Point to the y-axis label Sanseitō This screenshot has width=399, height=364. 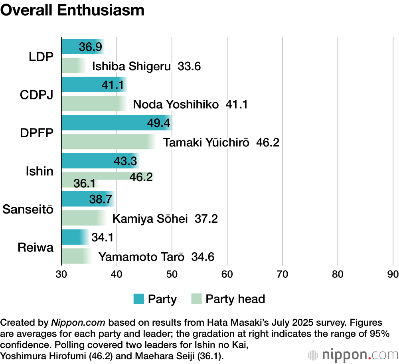pyautogui.click(x=28, y=209)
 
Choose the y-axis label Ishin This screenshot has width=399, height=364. pyautogui.click(x=40, y=171)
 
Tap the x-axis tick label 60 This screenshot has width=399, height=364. pyautogui.click(x=227, y=274)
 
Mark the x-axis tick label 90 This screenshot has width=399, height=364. pyautogui.click(x=393, y=274)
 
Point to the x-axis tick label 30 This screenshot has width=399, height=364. pyautogui.click(x=61, y=274)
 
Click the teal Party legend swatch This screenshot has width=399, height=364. pyautogui.click(x=139, y=299)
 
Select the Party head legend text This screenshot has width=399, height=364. pyautogui.click(x=235, y=299)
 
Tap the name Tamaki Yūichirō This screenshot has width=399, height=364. pyautogui.click(x=206, y=142)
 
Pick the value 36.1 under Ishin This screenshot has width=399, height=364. pyautogui.click(x=84, y=183)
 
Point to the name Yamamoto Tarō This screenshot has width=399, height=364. pyautogui.click(x=141, y=257)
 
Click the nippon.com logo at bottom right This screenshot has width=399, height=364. pyautogui.click(x=353, y=354)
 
